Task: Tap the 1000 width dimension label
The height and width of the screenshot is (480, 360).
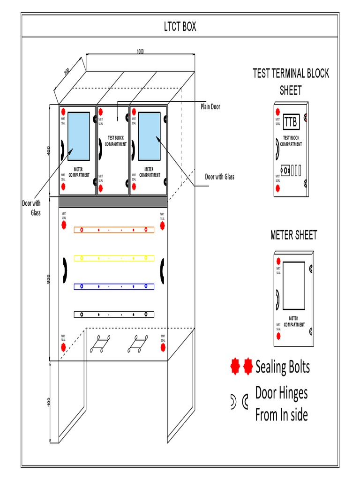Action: (x=140, y=52)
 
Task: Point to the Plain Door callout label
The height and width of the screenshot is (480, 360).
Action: (x=210, y=107)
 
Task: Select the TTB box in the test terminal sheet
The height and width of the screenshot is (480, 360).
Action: (x=291, y=122)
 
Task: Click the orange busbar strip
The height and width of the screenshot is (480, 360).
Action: (x=114, y=230)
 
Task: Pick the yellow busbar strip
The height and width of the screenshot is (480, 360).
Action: (x=114, y=258)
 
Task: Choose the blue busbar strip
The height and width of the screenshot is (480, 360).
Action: (x=114, y=286)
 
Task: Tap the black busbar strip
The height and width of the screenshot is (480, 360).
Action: (x=114, y=314)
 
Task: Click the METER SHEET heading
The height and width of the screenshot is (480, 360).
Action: (x=293, y=235)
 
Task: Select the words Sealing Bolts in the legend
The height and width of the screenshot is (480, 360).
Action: (x=283, y=367)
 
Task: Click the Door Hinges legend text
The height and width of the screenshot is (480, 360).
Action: (x=281, y=393)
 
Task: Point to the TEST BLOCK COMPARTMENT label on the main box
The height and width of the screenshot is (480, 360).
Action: (x=116, y=141)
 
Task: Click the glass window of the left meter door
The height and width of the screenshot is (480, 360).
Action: (x=78, y=136)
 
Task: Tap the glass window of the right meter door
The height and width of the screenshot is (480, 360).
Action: (x=149, y=136)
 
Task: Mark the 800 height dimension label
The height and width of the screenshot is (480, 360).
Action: (x=48, y=279)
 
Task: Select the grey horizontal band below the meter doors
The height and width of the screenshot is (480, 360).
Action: (x=112, y=202)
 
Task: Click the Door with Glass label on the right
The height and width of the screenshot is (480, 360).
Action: (x=219, y=177)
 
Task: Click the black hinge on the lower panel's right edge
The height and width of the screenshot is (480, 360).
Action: (x=163, y=271)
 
